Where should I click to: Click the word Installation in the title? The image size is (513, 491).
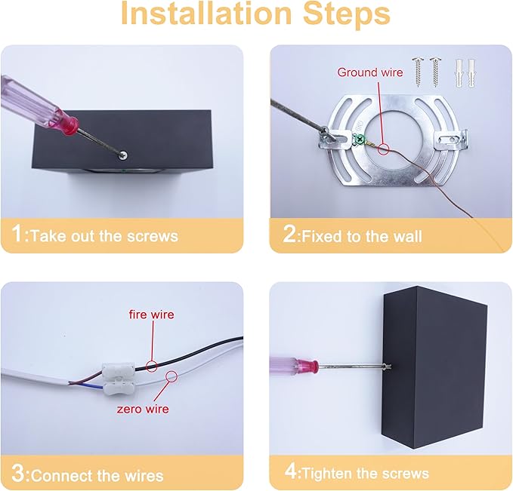pyautogui.click(x=206, y=13)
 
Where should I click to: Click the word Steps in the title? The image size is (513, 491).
pyautogui.click(x=347, y=14)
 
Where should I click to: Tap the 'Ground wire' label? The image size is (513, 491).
pyautogui.click(x=370, y=72)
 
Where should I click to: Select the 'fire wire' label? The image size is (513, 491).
pyautogui.click(x=151, y=315)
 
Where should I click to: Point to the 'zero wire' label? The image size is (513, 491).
pyautogui.click(x=143, y=409)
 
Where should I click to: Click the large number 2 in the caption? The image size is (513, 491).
pyautogui.click(x=289, y=234)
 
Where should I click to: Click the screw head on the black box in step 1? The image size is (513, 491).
pyautogui.click(x=123, y=155)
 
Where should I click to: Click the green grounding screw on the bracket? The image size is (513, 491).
pyautogui.click(x=360, y=140)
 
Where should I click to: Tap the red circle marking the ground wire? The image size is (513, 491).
pyautogui.click(x=383, y=149)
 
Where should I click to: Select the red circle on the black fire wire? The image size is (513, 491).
pyautogui.click(x=151, y=366)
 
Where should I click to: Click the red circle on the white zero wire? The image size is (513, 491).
pyautogui.click(x=171, y=376)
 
